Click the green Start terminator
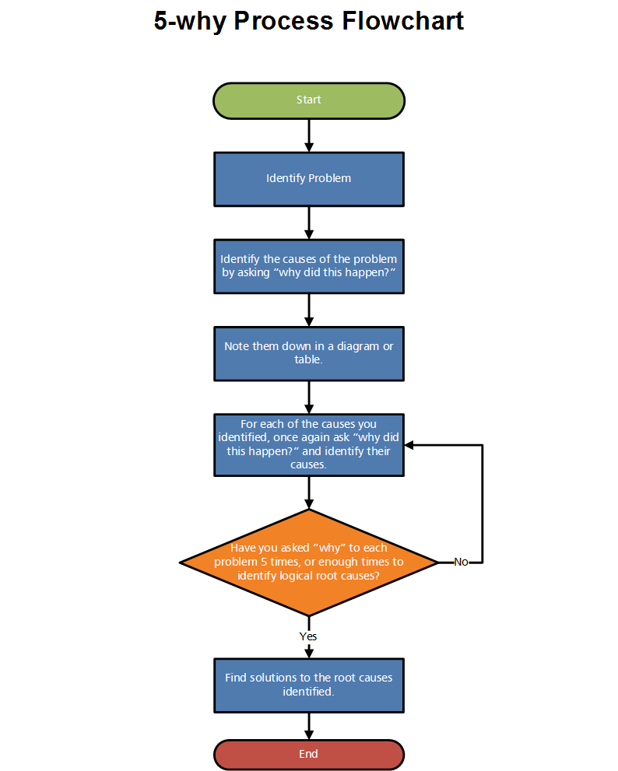pyautogui.click(x=309, y=100)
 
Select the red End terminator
pyautogui.click(x=309, y=754)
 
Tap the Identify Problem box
pyautogui.click(x=309, y=179)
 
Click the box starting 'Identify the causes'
pyautogui.click(x=309, y=266)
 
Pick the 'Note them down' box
pyautogui.click(x=309, y=353)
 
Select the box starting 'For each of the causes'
pyautogui.click(x=309, y=444)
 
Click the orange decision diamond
pyautogui.click(x=309, y=562)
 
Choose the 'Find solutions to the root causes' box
pyautogui.click(x=309, y=685)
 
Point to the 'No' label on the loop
pyautogui.click(x=461, y=562)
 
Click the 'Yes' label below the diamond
pyautogui.click(x=308, y=636)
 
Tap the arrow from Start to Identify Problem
pyautogui.click(x=309, y=135)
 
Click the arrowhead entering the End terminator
pyautogui.click(x=309, y=734)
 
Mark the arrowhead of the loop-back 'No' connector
pyautogui.click(x=409, y=445)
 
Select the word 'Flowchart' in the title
pyautogui.click(x=404, y=21)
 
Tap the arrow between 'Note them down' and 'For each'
pyautogui.click(x=309, y=397)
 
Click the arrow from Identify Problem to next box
pyautogui.click(x=309, y=223)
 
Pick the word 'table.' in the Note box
pyautogui.click(x=309, y=360)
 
